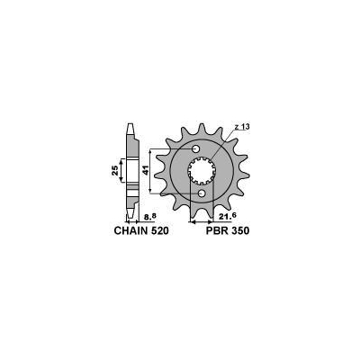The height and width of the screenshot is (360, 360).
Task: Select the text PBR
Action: coord(207,230)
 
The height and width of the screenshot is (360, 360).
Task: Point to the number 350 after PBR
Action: coord(237,230)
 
